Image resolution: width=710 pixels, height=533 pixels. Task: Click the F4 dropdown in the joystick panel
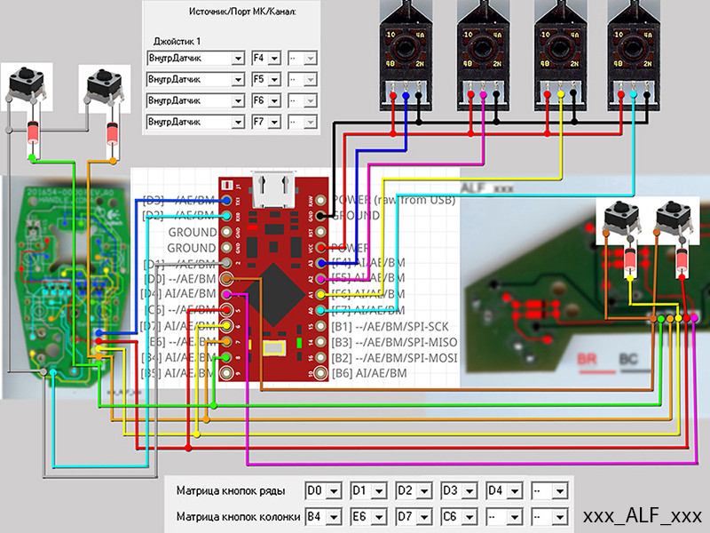coord(266,59)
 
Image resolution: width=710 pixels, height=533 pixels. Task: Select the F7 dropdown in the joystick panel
coord(266,121)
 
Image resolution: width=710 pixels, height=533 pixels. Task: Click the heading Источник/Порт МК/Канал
coord(241,12)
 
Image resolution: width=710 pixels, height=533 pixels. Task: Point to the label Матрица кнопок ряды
coord(235,489)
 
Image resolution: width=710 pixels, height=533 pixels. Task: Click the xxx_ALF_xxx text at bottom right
coord(642,516)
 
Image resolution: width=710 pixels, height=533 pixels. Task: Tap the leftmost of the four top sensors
coord(407,49)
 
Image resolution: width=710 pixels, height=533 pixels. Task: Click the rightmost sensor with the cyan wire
coord(634,49)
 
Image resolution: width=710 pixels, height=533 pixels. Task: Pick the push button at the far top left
coord(27,87)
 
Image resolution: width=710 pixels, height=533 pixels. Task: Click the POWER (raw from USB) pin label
coord(392,199)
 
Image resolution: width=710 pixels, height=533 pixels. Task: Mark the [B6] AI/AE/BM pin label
coord(368,374)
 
